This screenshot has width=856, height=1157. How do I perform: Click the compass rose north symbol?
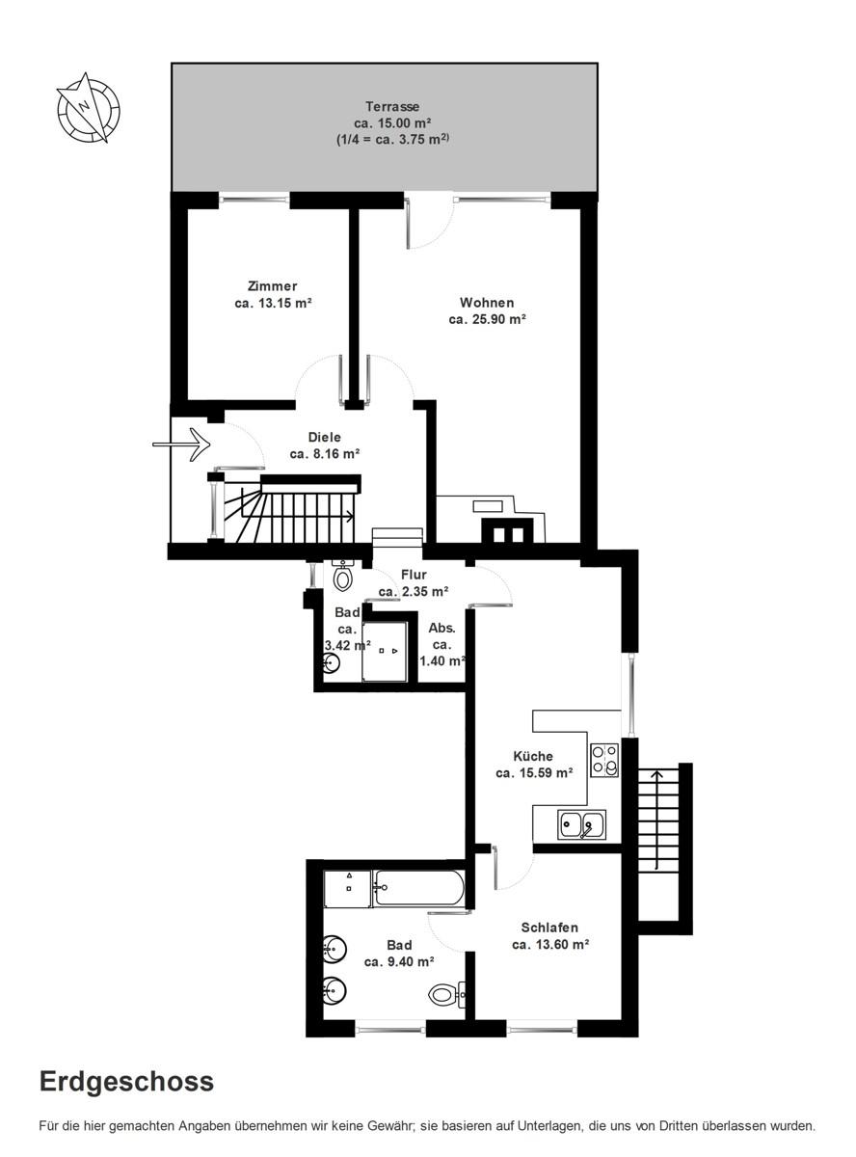point(88,108)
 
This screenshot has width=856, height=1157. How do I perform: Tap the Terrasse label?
point(392,106)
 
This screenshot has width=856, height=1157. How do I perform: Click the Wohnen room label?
point(487,303)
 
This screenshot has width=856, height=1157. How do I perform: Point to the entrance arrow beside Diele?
point(181,444)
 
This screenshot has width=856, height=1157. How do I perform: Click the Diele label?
point(325,437)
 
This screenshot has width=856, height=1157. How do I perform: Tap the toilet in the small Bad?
point(343,576)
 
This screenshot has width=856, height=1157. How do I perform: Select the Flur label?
point(414,575)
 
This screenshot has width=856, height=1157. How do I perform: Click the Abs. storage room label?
point(441,628)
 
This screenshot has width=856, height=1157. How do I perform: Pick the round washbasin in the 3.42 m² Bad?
point(331,664)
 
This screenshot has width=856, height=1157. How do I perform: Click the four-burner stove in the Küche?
point(604,760)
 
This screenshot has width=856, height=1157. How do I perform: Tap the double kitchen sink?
point(581,824)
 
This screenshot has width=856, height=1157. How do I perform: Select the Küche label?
point(532,756)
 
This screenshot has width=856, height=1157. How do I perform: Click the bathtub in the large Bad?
point(418,887)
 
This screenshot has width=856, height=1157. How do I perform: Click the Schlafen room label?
point(549,928)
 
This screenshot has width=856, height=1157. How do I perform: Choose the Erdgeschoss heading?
point(126,1082)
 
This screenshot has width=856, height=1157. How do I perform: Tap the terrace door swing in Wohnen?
point(430,225)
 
